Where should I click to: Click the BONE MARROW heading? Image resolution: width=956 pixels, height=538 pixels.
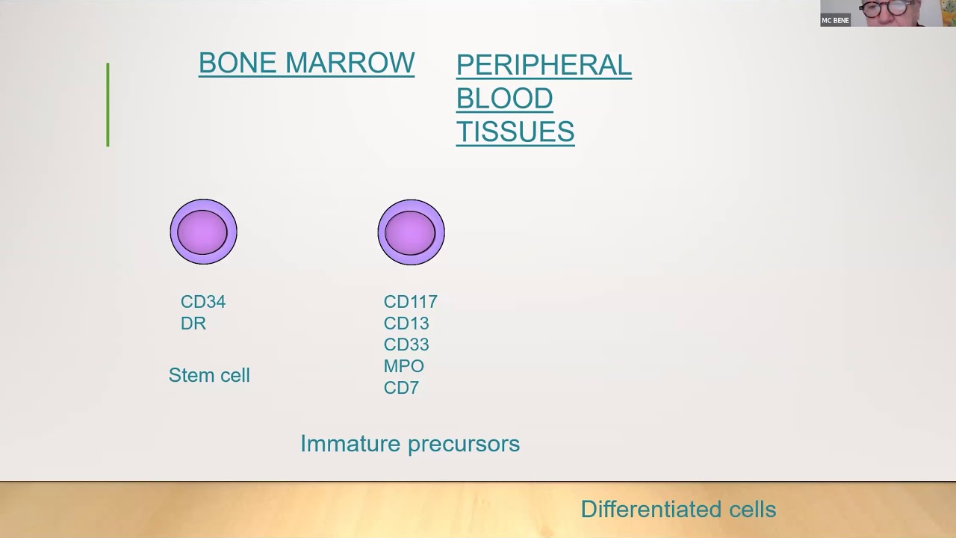point(306,64)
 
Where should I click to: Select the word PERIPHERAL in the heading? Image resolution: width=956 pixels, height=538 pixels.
point(544,66)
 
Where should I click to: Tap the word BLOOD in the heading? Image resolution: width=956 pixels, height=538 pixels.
point(504,99)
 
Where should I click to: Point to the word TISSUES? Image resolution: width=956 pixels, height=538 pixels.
point(515,132)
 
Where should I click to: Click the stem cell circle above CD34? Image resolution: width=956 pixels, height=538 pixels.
point(203,232)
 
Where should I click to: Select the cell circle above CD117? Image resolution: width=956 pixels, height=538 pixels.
point(411,232)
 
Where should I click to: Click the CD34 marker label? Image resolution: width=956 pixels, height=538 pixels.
point(202,302)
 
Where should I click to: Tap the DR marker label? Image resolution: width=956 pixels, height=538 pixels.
point(193,324)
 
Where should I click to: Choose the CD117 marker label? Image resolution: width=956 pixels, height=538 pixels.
point(410,302)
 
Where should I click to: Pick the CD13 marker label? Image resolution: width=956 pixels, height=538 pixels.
point(406,324)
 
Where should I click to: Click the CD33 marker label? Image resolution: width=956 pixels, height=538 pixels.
point(406,344)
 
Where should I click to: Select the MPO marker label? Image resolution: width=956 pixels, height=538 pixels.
point(403,366)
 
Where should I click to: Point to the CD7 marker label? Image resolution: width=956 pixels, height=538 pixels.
point(401,388)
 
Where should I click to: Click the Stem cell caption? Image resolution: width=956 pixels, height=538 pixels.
point(209,375)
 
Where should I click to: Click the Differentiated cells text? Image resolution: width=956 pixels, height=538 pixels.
point(678,510)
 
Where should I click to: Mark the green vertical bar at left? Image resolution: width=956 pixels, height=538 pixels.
point(108,105)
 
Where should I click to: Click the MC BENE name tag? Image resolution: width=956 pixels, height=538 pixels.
point(835,20)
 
